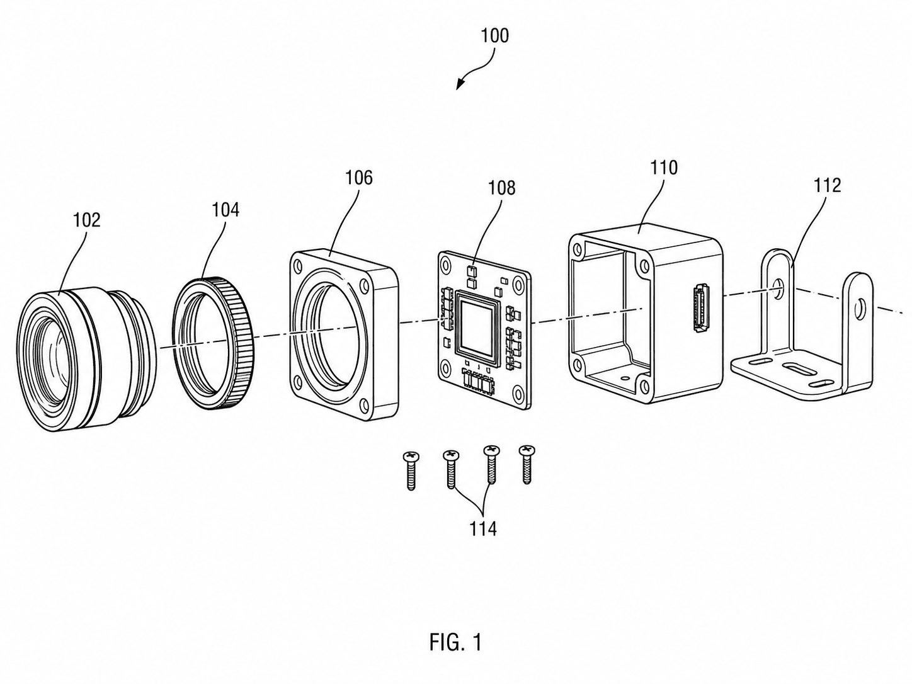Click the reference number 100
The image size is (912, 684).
pos(495,36)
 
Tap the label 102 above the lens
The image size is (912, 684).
pos(87,220)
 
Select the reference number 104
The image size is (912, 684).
pos(225,210)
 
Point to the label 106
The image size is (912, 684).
pos(359,178)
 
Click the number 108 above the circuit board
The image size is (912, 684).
pos(501,188)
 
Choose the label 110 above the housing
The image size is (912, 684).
pos(664,168)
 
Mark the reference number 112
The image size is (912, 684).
pos(827,185)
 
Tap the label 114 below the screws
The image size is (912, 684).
pos(483,528)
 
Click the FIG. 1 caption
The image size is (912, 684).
pos(456,642)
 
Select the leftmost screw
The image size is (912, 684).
pos(411,470)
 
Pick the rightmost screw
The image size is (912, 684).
pos(527,464)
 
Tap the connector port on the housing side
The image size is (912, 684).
pos(700,307)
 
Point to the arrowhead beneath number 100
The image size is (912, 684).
pos(460,85)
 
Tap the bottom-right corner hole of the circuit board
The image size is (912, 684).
pos(518,391)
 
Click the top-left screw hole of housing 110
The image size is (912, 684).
pos(577,249)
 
